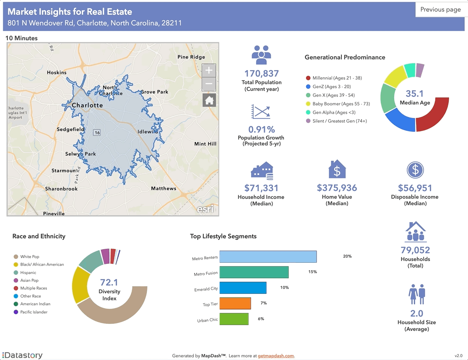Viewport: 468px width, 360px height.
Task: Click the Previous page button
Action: coord(440,10)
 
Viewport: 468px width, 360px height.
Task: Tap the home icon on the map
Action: coord(209,100)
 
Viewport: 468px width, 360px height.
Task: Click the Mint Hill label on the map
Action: coord(205,144)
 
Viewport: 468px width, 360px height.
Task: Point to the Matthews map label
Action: coord(164,188)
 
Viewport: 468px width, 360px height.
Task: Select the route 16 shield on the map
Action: coord(97,133)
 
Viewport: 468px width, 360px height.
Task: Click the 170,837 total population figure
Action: coord(262,74)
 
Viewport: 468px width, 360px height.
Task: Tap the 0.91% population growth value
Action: coord(262,129)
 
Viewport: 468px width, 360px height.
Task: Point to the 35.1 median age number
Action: coord(414,94)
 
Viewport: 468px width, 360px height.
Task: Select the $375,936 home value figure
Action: coord(337,188)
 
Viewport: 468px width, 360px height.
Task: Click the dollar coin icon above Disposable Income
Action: coord(415,170)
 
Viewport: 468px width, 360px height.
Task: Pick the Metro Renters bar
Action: coord(268,257)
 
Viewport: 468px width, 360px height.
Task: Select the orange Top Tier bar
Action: coord(235,303)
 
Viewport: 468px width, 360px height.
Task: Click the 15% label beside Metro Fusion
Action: coord(312,272)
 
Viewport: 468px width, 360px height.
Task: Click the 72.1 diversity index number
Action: coord(109,282)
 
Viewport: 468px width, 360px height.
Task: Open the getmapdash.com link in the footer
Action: coord(276,356)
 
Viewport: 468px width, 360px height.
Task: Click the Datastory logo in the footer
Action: coord(23,355)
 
